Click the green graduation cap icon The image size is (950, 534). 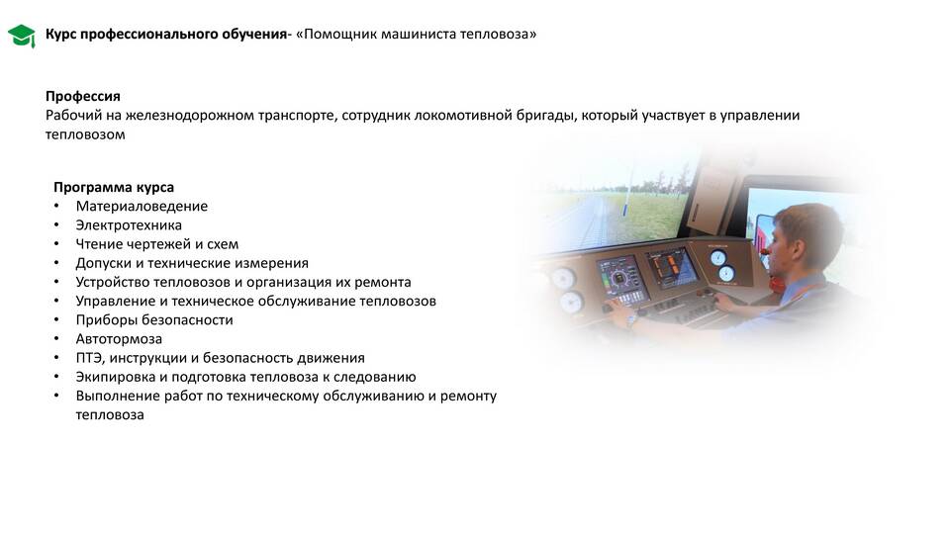pyautogui.click(x=21, y=36)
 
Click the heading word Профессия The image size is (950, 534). pyautogui.click(x=83, y=96)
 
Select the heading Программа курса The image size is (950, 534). pyautogui.click(x=114, y=188)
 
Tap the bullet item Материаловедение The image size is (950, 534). pyautogui.click(x=142, y=207)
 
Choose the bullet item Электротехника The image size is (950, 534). pyautogui.click(x=129, y=225)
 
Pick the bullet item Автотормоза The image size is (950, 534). pyautogui.click(x=119, y=339)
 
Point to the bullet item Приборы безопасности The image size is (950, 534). pyautogui.click(x=154, y=320)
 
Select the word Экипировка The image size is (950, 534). pyautogui.click(x=115, y=377)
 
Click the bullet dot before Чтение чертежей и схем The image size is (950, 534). pyautogui.click(x=56, y=244)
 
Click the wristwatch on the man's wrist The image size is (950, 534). pyautogui.click(x=632, y=317)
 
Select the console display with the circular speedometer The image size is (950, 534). pyautogui.click(x=620, y=279)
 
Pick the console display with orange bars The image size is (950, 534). pyautogui.click(x=672, y=268)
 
